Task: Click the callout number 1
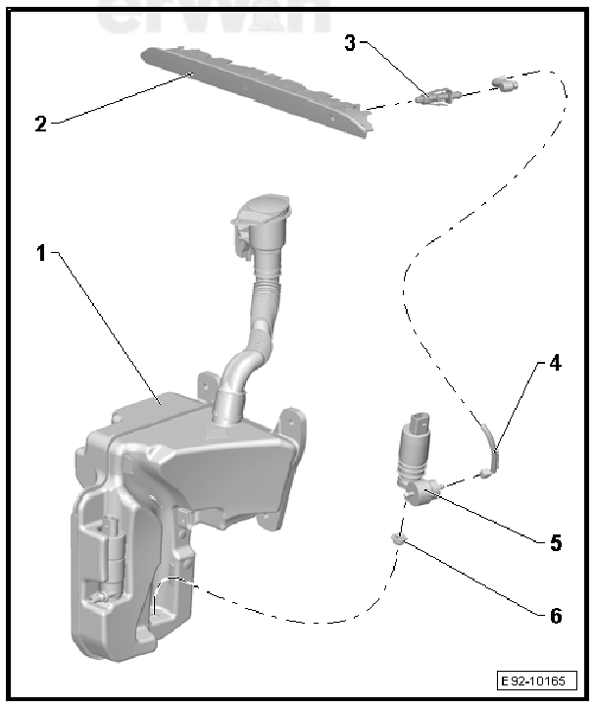coord(41,253)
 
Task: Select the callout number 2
coord(40,124)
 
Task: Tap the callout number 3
coord(350,42)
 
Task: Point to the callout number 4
coord(554,363)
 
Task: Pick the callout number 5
coord(555,542)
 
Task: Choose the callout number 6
coord(555,616)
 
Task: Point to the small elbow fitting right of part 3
coord(507,84)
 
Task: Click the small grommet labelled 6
coord(397,536)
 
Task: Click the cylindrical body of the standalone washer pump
coord(413,456)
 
